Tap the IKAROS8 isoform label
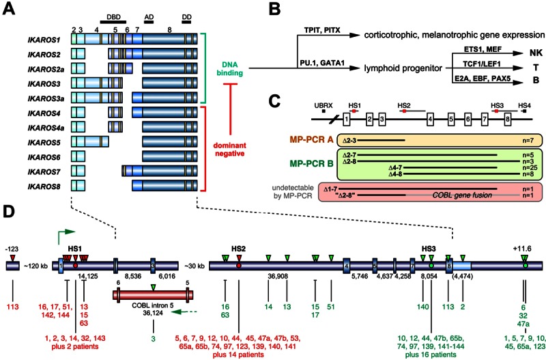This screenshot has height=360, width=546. click(45, 185)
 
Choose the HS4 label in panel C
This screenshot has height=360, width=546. click(524, 105)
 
